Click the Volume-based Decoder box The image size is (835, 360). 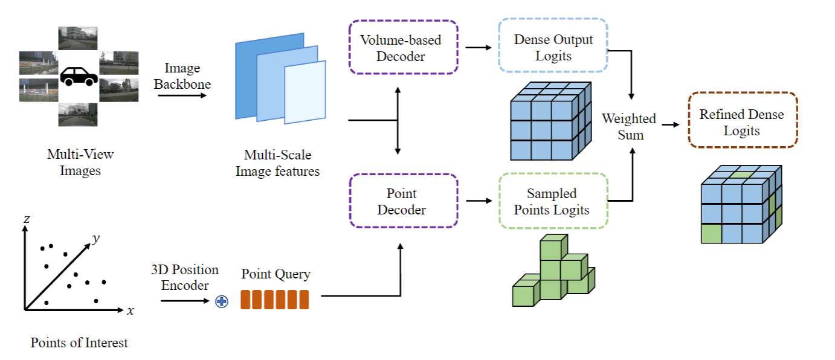click(404, 48)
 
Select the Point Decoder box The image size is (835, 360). click(404, 201)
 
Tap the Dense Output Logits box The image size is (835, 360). click(553, 48)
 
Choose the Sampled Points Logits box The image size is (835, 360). click(553, 201)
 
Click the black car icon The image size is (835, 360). click(79, 76)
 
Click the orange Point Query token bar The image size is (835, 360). click(275, 300)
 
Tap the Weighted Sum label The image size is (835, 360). click(630, 126)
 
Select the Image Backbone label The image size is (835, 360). click(182, 76)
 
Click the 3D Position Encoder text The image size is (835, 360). click(185, 277)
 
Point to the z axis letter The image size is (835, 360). click(27, 219)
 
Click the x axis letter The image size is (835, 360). click(130, 310)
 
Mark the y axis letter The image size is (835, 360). click(95, 239)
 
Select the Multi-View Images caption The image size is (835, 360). click(80, 162)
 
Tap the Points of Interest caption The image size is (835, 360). click(79, 343)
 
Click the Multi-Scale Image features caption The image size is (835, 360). click(277, 163)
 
